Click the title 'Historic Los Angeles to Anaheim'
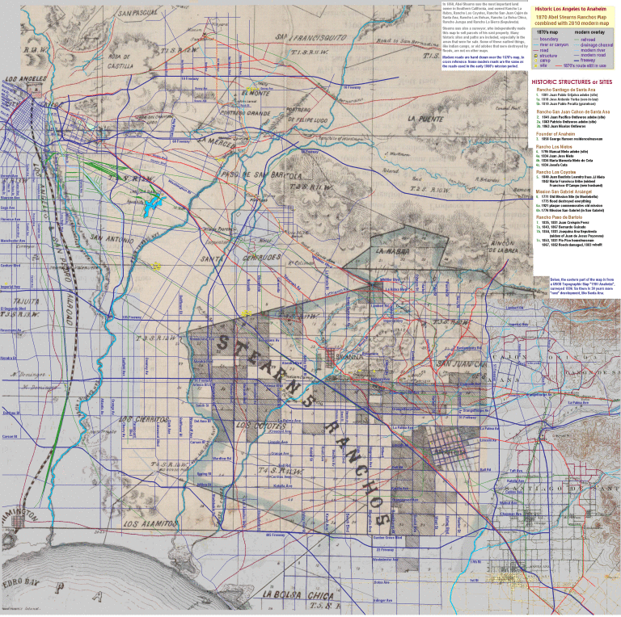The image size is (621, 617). point(569,7)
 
